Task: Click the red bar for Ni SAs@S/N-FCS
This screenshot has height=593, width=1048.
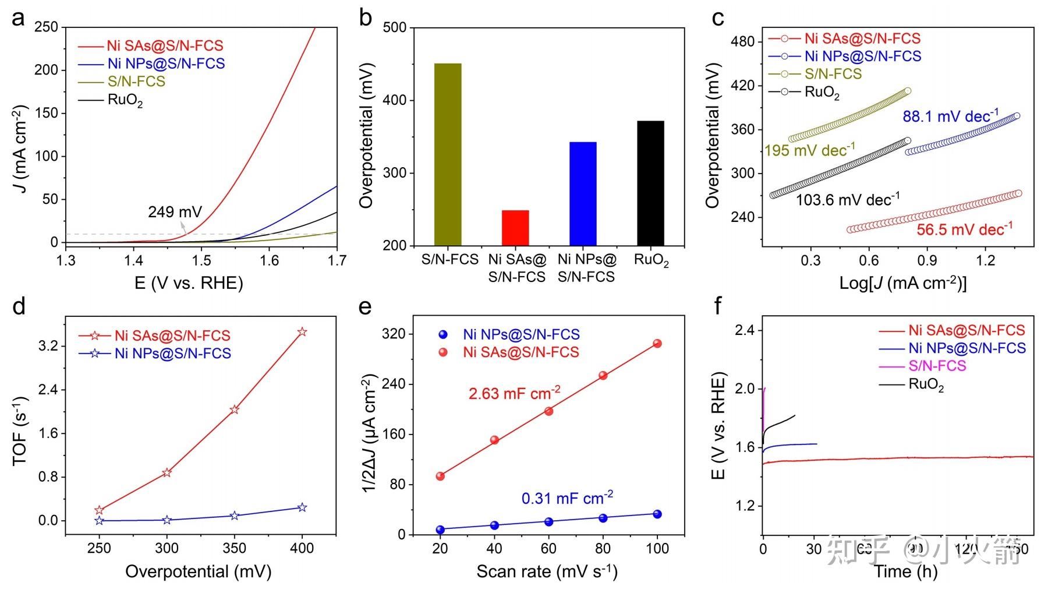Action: pyautogui.click(x=515, y=228)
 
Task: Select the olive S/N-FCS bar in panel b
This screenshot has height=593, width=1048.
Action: pyautogui.click(x=448, y=154)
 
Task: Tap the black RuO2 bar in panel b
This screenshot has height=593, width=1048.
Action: pyautogui.click(x=650, y=183)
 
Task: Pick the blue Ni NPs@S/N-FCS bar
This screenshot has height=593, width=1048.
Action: pyautogui.click(x=583, y=193)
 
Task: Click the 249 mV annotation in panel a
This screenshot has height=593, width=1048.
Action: pyautogui.click(x=175, y=211)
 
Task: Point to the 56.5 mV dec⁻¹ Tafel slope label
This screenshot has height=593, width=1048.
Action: pyautogui.click(x=964, y=229)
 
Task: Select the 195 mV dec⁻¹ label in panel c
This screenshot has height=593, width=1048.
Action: pyautogui.click(x=809, y=150)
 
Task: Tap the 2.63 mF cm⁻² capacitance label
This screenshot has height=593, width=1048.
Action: pyautogui.click(x=514, y=393)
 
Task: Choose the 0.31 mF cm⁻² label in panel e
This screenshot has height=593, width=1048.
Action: pyautogui.click(x=567, y=499)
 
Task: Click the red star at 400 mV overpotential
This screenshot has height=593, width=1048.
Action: pyautogui.click(x=302, y=332)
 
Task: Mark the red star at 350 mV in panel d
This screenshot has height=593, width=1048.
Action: pyautogui.click(x=234, y=410)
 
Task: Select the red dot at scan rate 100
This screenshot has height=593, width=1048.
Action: pyautogui.click(x=657, y=344)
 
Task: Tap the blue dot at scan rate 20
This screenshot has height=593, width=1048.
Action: pyautogui.click(x=440, y=530)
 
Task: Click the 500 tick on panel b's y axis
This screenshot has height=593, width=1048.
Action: pyautogui.click(x=395, y=27)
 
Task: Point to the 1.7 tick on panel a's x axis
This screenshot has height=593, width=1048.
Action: pyautogui.click(x=337, y=260)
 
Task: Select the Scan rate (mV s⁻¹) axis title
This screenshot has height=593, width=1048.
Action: pyautogui.click(x=547, y=571)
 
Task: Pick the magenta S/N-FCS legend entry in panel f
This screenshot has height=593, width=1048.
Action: pyautogui.click(x=937, y=366)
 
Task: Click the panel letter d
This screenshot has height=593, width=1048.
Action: pyautogui.click(x=19, y=306)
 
